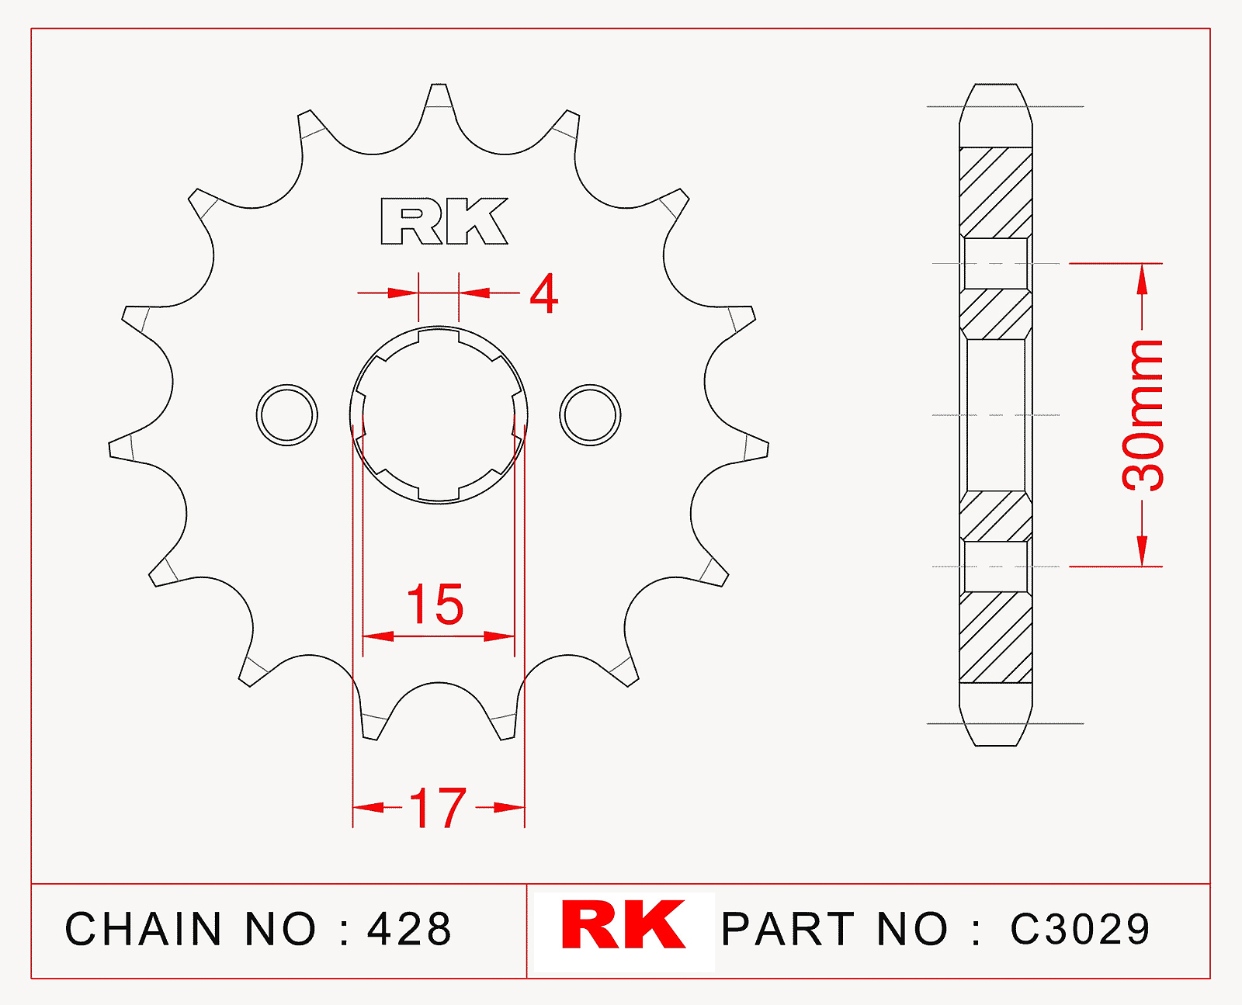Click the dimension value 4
pyautogui.click(x=543, y=294)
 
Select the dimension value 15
pyautogui.click(x=435, y=605)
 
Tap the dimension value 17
pyautogui.click(x=438, y=808)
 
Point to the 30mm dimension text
pyautogui.click(x=1143, y=415)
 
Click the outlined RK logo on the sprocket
pyautogui.click(x=444, y=221)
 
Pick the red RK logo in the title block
pyautogui.click(x=623, y=925)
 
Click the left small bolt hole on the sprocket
pyautogui.click(x=287, y=415)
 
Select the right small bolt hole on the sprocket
pyautogui.click(x=590, y=415)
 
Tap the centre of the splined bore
pyautogui.click(x=439, y=415)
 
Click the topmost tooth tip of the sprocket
pyautogui.click(x=439, y=85)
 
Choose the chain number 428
pyautogui.click(x=409, y=929)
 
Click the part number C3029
pyautogui.click(x=1080, y=929)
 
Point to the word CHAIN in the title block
pyautogui.click(x=143, y=929)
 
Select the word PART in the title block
pyautogui.click(x=788, y=929)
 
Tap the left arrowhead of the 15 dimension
pyautogui.click(x=378, y=636)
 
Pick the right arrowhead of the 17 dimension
pyautogui.click(x=509, y=807)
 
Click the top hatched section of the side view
pyautogui.click(x=996, y=192)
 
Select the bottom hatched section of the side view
pyautogui.click(x=996, y=637)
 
